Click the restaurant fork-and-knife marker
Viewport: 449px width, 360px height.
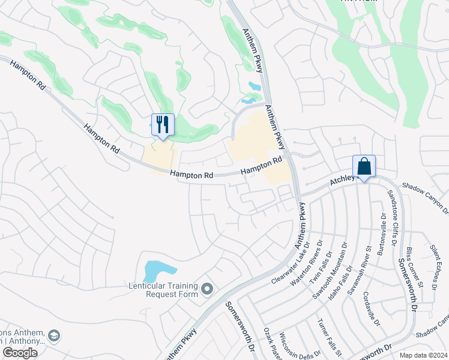pyautogui.click(x=163, y=125)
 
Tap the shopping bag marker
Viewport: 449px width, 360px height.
pyautogui.click(x=364, y=166)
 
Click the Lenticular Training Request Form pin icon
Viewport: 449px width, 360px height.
pyautogui.click(x=208, y=290)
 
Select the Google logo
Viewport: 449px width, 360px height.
pyautogui.click(x=20, y=353)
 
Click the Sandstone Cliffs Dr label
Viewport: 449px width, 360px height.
pyautogui.click(x=393, y=217)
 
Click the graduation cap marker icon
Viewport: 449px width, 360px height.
pyautogui.click(x=55, y=335)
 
